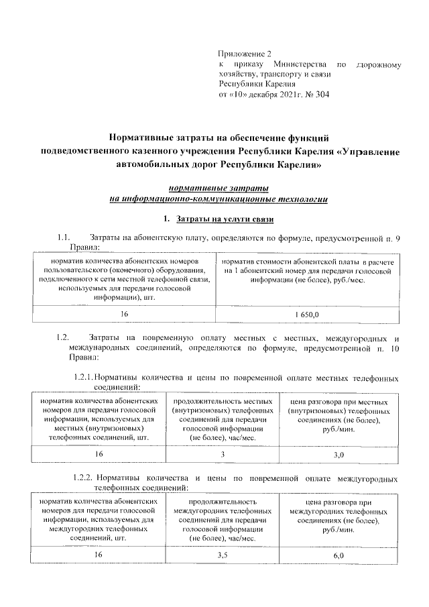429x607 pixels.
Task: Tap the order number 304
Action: click(320, 95)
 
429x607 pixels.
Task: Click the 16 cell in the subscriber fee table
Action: click(124, 314)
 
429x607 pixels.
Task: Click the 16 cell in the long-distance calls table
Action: click(98, 555)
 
